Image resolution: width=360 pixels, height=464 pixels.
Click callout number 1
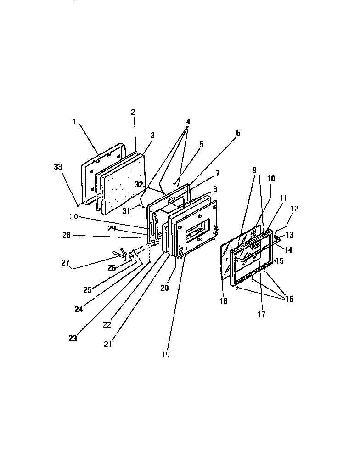pyautogui.click(x=74, y=122)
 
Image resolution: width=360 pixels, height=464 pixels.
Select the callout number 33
pyautogui.click(x=58, y=167)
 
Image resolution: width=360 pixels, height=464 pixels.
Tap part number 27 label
pyautogui.click(x=65, y=263)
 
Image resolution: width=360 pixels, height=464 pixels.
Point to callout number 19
pyautogui.click(x=166, y=355)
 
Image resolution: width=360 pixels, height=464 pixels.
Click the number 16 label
pyautogui.click(x=290, y=299)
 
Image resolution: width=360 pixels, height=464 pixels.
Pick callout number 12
pyautogui.click(x=294, y=209)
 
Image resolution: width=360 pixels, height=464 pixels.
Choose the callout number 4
pyautogui.click(x=188, y=122)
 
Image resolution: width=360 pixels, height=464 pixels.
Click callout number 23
pyautogui.click(x=73, y=339)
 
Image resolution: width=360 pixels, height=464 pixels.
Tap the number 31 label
pyautogui.click(x=126, y=211)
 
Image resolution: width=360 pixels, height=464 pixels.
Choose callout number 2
pyautogui.click(x=133, y=112)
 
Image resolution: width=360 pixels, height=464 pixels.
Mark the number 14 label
pyautogui.click(x=288, y=250)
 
